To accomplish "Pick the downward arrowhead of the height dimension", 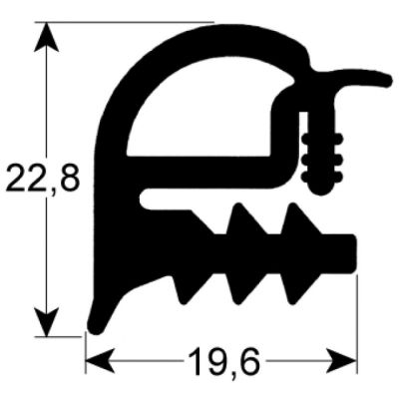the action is [x=47, y=321].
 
